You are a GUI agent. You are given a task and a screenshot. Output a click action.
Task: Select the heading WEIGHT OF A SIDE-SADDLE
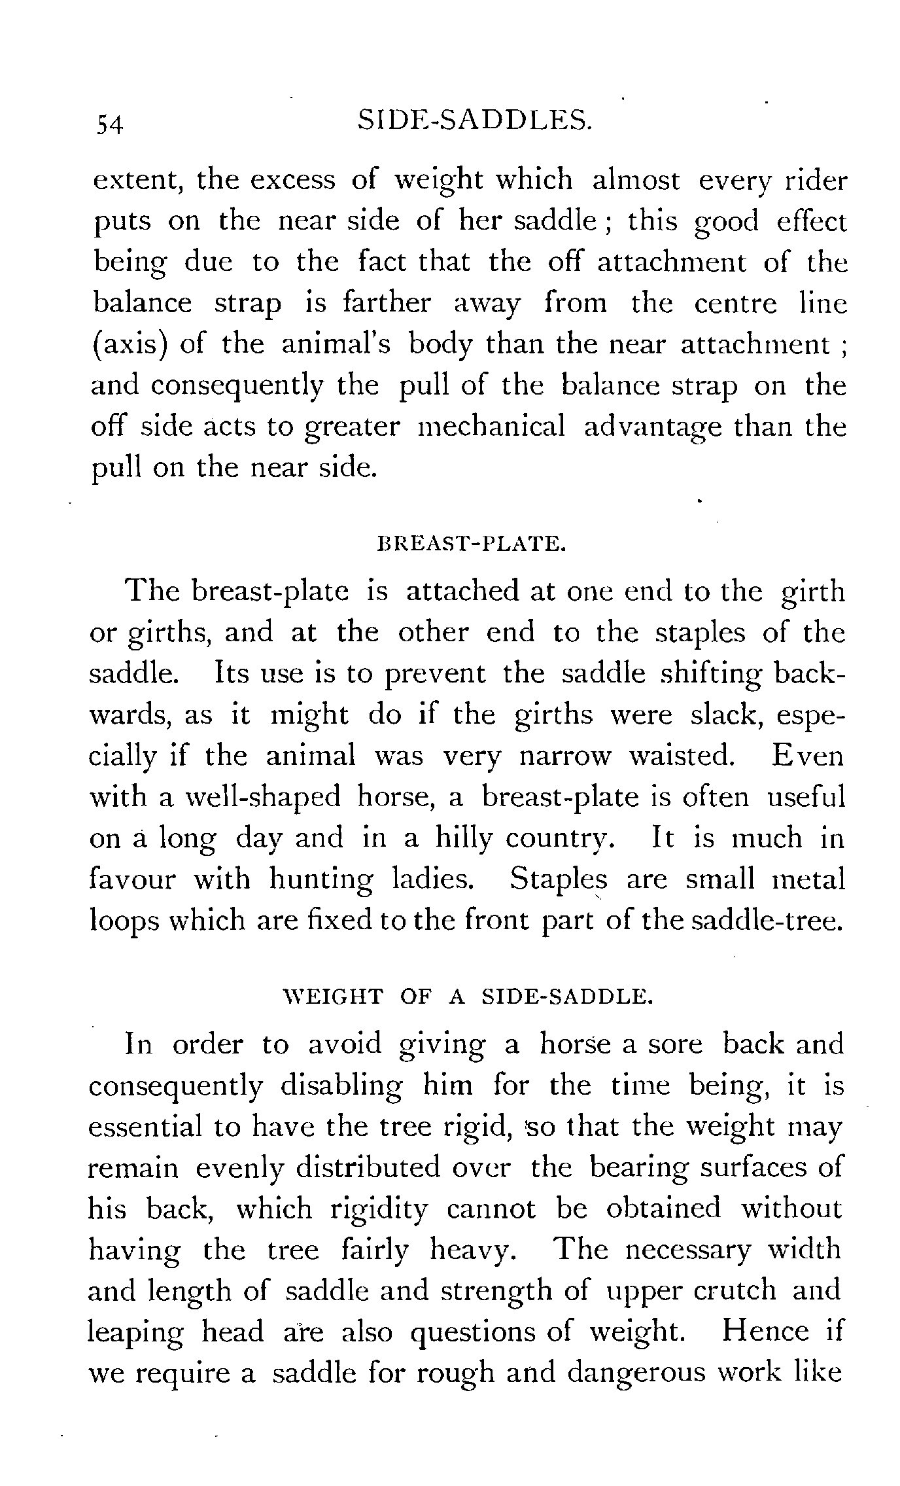coord(466,997)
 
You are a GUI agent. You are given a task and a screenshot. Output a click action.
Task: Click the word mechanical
coord(491,427)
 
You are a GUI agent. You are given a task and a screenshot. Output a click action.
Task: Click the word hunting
coord(322,880)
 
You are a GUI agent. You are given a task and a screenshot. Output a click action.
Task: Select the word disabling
coord(341,1086)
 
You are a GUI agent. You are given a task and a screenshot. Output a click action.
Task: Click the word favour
coord(132,879)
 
